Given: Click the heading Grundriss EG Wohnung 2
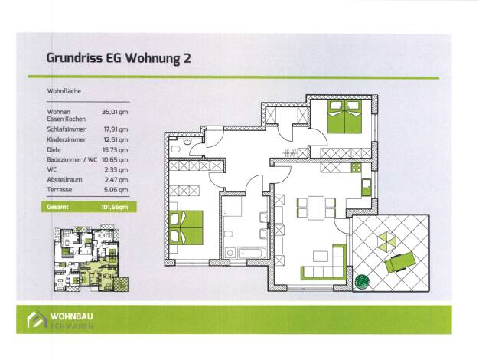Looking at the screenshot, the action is [x=119, y=58].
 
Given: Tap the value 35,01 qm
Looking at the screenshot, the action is [x=115, y=112].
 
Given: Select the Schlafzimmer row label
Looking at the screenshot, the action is [x=67, y=129].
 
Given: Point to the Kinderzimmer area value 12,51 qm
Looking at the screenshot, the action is [x=116, y=139].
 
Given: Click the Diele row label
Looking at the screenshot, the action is [x=54, y=150].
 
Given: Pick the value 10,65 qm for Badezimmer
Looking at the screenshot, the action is [x=115, y=159].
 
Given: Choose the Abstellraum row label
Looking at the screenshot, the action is [x=64, y=179].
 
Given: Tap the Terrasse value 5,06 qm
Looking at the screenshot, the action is [x=116, y=190].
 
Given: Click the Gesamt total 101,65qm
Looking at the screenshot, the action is [x=115, y=207].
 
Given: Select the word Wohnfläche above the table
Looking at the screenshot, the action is [x=64, y=91].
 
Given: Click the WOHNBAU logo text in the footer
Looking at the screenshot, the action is [x=71, y=316].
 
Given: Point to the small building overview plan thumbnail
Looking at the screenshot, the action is [x=91, y=259].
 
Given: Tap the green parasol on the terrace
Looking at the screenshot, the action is [x=386, y=240].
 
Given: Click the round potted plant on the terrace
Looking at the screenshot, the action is [x=362, y=281].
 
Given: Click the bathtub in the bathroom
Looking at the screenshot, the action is [x=253, y=254].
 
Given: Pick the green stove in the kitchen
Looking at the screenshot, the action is [x=357, y=168].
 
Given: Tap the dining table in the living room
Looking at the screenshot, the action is [x=316, y=208].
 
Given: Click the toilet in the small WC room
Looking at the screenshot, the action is [x=175, y=150].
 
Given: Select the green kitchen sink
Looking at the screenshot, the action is [x=367, y=187].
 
